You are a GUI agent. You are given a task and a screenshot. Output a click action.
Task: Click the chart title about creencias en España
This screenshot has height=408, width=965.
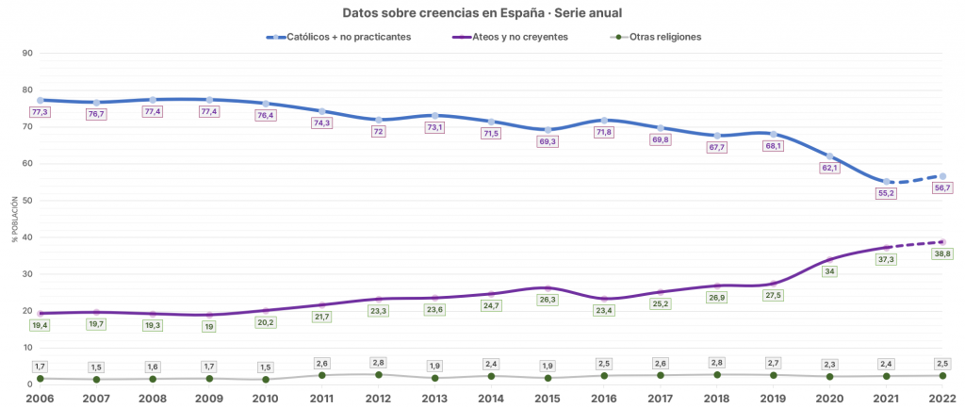(482, 12)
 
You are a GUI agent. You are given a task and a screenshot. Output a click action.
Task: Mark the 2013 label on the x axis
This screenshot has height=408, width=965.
(434, 399)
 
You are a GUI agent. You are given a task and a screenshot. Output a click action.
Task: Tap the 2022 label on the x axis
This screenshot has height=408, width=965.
(943, 399)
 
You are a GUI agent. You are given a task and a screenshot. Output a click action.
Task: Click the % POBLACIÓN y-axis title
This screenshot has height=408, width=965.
(15, 219)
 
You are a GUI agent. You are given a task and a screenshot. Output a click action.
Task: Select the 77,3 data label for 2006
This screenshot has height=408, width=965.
(40, 112)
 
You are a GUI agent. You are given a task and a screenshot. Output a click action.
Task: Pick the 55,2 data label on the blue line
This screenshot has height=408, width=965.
(887, 193)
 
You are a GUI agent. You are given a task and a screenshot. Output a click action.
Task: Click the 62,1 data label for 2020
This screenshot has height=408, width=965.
(830, 168)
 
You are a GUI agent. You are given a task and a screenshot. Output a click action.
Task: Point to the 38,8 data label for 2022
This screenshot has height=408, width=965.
(942, 253)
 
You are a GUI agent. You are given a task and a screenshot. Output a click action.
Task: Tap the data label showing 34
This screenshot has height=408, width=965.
(830, 271)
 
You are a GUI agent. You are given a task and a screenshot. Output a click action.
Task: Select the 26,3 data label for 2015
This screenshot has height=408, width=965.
(548, 301)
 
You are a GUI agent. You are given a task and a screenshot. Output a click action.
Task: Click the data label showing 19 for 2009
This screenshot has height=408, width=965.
(208, 327)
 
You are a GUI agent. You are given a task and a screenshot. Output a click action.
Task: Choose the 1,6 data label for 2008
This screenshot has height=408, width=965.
(153, 367)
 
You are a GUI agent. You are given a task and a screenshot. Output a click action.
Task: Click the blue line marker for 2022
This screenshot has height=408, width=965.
(942, 176)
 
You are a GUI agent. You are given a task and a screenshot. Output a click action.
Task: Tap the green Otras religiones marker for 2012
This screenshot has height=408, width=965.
(378, 375)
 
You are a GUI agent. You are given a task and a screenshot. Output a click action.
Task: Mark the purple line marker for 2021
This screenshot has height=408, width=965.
(887, 247)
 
